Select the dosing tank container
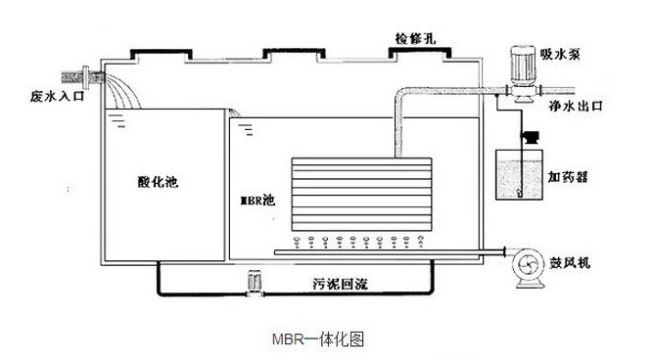(x=519, y=175)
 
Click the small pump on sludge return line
(x=256, y=284)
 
